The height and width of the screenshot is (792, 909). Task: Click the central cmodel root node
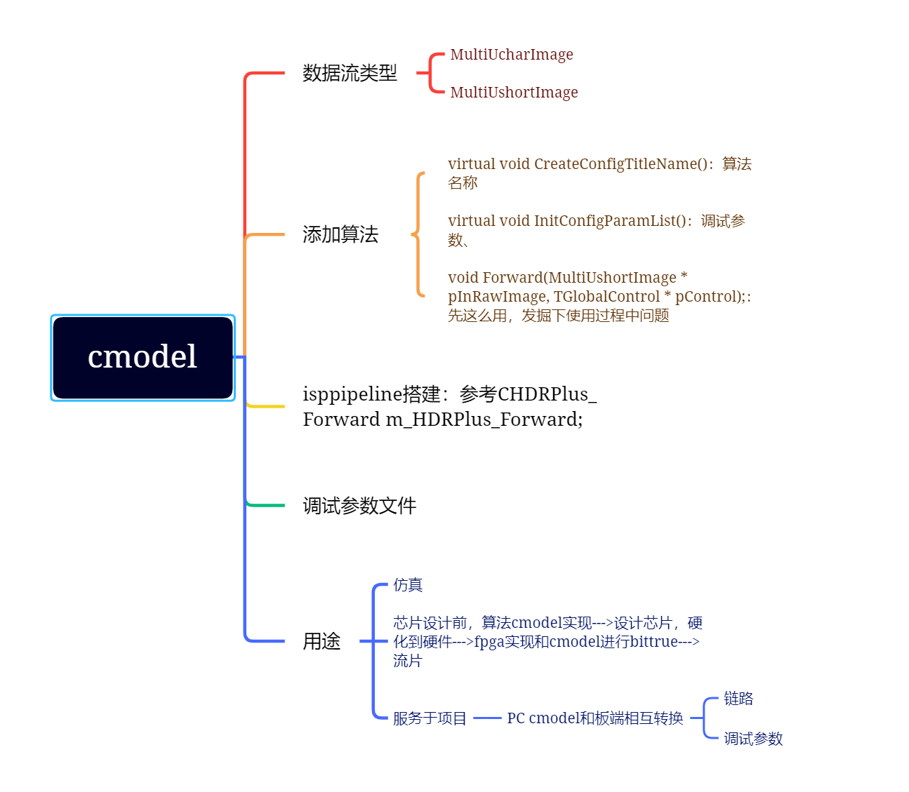coord(142,358)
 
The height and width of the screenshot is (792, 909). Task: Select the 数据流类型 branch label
coord(350,73)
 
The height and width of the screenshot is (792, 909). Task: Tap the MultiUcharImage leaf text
coord(511,55)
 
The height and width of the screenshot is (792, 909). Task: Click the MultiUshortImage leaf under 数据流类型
coord(514,93)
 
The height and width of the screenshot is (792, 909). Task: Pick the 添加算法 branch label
coord(340,234)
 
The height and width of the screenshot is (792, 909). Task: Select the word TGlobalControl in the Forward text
coord(606,297)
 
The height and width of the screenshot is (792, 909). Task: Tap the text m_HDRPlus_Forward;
coord(484,420)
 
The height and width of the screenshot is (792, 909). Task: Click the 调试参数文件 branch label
coord(359,506)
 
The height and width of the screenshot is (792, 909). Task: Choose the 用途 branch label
coord(321,641)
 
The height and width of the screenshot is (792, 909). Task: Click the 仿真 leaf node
coord(408,585)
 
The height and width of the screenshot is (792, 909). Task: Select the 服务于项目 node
coord(430,718)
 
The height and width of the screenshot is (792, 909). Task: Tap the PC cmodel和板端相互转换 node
coord(595,718)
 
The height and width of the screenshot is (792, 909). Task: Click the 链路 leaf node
coord(738,699)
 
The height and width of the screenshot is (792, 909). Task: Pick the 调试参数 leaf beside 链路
coord(753,739)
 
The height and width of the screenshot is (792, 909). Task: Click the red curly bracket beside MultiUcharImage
coord(430,73)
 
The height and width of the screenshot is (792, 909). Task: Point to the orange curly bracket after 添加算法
coord(418,234)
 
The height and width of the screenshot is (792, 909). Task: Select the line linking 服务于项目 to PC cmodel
coord(487,718)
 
